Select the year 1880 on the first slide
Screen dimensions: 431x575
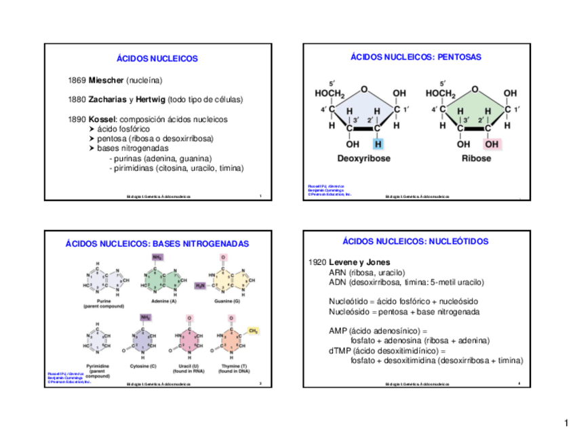(77, 100)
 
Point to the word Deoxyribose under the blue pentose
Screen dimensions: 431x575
(364, 159)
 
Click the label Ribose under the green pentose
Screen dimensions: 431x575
(477, 159)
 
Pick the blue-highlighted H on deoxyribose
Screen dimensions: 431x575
(377, 144)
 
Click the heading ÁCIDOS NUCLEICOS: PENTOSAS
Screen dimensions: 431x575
(416, 58)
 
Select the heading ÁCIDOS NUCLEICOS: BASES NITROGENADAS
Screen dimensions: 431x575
(157, 243)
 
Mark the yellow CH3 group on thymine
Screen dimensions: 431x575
(254, 330)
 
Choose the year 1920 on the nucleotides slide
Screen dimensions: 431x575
(317, 262)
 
